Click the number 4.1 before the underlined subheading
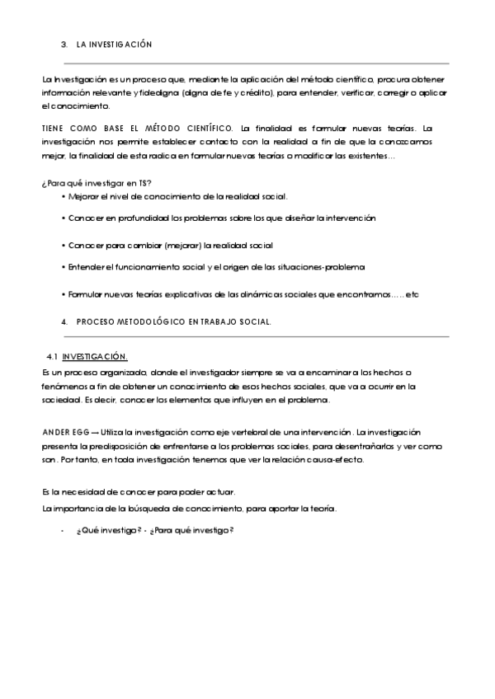coord(51,356)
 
